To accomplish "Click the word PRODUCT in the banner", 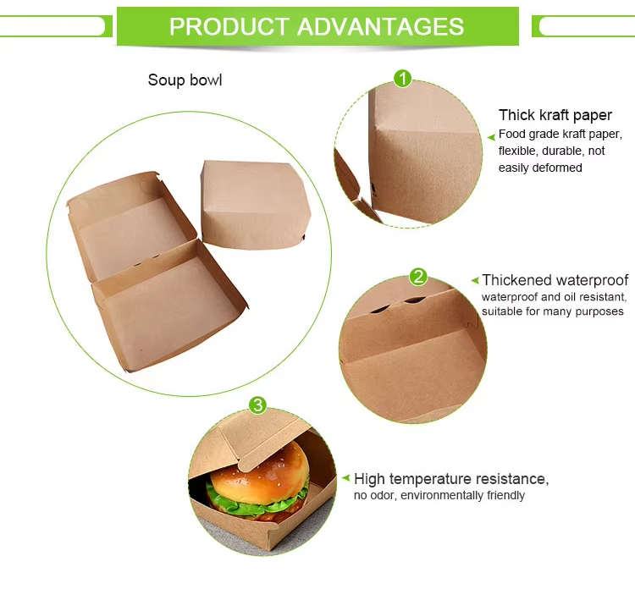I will [x=224, y=26].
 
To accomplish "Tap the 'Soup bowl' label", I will [x=185, y=80].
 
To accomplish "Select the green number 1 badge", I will [x=403, y=79].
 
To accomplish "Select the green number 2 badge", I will [x=418, y=277].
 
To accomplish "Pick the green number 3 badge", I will [x=258, y=405].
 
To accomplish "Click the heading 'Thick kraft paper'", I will [x=555, y=116].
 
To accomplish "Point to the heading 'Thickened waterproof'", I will [x=555, y=280].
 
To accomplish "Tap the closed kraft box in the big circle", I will [x=254, y=203].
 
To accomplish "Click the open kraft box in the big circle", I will [x=152, y=271].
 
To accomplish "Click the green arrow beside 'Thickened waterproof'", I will [x=476, y=280].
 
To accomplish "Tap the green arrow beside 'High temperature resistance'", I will [x=345, y=479].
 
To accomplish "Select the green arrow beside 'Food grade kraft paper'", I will [x=491, y=135].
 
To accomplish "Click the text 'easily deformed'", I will [x=540, y=168].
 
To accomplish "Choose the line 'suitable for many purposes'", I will [x=552, y=311].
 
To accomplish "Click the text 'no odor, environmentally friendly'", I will [x=439, y=495].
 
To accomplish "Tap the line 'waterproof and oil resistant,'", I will [x=554, y=297].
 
